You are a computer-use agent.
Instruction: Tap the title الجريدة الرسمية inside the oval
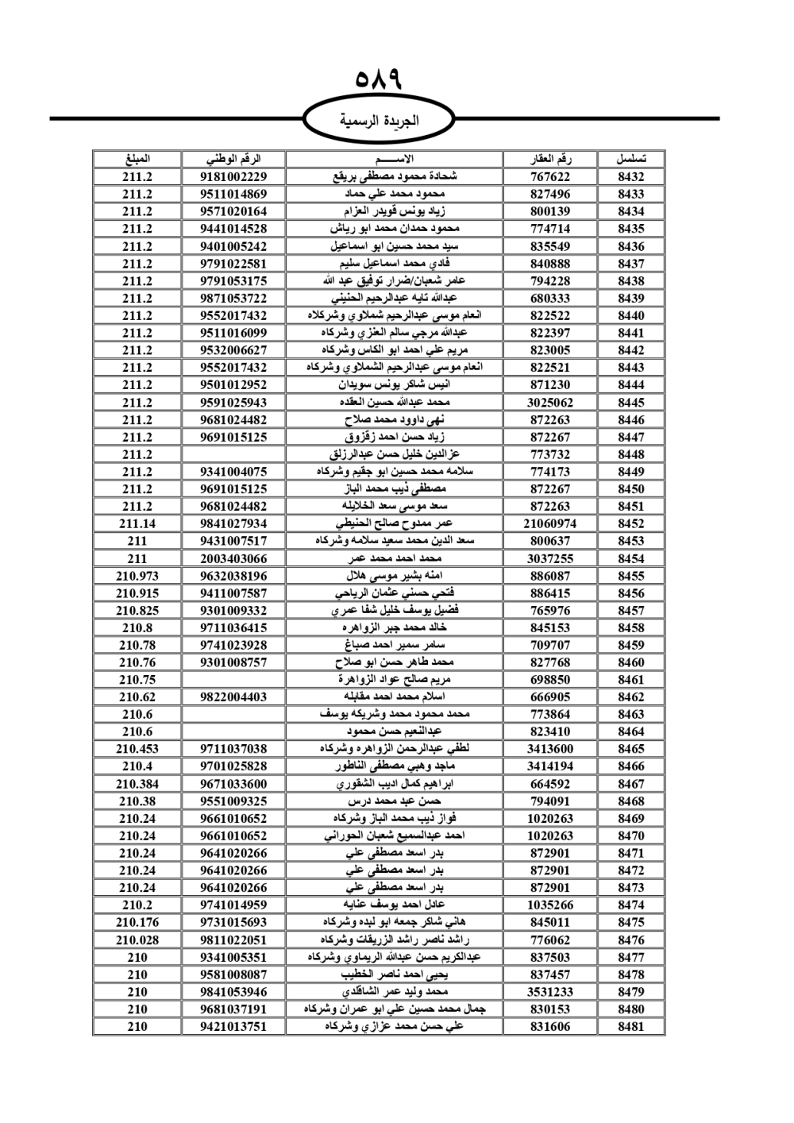coord(379,121)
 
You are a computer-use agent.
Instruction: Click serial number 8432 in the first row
coord(631,176)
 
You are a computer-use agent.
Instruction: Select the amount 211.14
coord(137,523)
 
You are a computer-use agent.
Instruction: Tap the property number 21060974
coord(550,523)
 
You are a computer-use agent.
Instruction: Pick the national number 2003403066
coord(233,558)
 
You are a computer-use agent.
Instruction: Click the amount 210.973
coord(137,576)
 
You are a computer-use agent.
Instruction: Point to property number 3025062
coord(550,402)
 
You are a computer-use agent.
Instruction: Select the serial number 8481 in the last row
coord(631,1026)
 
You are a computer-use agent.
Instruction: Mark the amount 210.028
coord(137,940)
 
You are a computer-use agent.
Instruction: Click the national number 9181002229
coord(233,176)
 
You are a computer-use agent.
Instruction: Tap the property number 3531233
coord(550,992)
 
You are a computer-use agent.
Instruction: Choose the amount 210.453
coord(137,749)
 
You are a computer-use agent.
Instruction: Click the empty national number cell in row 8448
coord(233,454)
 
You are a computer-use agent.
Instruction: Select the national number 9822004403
coord(233,697)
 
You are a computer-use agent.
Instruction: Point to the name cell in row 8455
coord(395,576)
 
